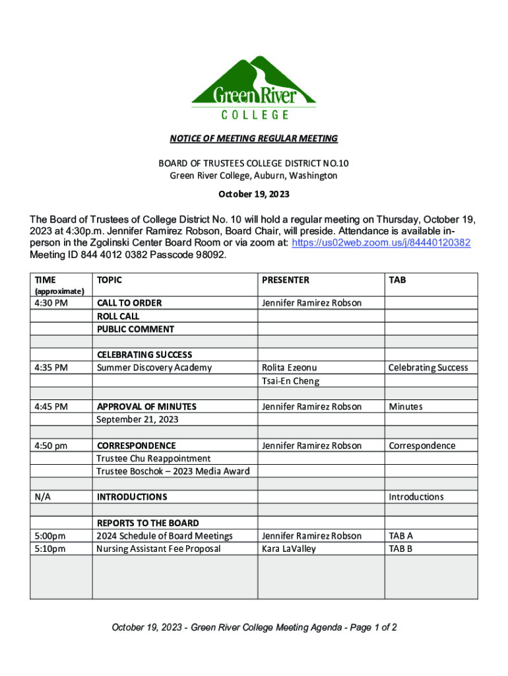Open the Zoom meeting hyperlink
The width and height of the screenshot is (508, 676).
tap(382, 243)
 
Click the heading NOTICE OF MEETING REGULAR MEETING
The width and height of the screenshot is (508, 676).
tap(254, 139)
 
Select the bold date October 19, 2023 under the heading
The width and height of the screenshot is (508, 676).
tap(254, 195)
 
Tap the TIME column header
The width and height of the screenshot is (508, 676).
tap(46, 280)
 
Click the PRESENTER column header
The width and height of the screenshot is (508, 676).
tap(286, 280)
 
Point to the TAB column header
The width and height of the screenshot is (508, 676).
tap(398, 280)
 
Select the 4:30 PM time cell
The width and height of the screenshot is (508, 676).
tap(51, 303)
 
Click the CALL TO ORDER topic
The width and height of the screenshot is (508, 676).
tap(129, 303)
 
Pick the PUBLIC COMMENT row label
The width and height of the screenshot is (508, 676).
tap(136, 329)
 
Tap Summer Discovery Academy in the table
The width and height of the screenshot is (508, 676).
tap(154, 368)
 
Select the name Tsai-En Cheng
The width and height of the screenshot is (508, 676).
tap(290, 381)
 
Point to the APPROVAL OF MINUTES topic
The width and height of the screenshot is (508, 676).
tap(146, 407)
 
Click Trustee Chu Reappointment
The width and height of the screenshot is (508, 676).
tap(154, 458)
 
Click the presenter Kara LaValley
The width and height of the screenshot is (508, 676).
tap(289, 549)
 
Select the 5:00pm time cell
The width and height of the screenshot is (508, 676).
tap(50, 536)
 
